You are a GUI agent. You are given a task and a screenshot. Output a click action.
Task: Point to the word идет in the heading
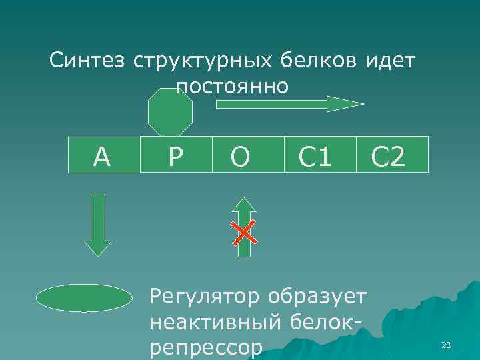[x=392, y=62]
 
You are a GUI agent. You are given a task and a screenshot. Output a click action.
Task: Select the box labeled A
[x=103, y=155]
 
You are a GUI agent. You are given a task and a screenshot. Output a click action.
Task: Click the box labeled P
[x=176, y=155]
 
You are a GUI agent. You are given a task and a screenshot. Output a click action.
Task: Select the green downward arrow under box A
[x=99, y=223]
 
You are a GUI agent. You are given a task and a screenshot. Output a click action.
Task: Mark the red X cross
[x=245, y=231]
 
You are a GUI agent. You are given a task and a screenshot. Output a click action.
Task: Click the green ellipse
[x=85, y=298]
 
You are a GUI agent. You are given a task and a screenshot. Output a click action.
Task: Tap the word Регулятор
[x=205, y=294]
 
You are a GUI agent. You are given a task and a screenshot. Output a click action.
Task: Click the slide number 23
[x=447, y=345]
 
